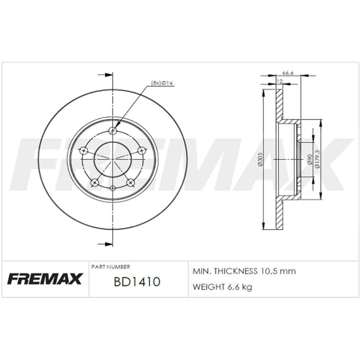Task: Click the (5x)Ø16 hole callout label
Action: click(162, 83)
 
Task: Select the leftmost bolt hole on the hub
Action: click(84, 150)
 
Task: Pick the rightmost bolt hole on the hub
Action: click(142, 150)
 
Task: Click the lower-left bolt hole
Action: click(95, 183)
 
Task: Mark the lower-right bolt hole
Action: click(131, 183)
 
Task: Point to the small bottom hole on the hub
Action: click(113, 188)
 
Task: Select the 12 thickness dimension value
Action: click(279, 82)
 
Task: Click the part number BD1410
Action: click(136, 282)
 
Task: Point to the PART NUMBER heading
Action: click(111, 267)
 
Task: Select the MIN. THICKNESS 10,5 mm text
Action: click(244, 271)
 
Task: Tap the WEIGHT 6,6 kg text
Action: click(222, 287)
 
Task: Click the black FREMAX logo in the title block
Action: click(45, 279)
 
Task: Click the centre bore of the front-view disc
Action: click(113, 158)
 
